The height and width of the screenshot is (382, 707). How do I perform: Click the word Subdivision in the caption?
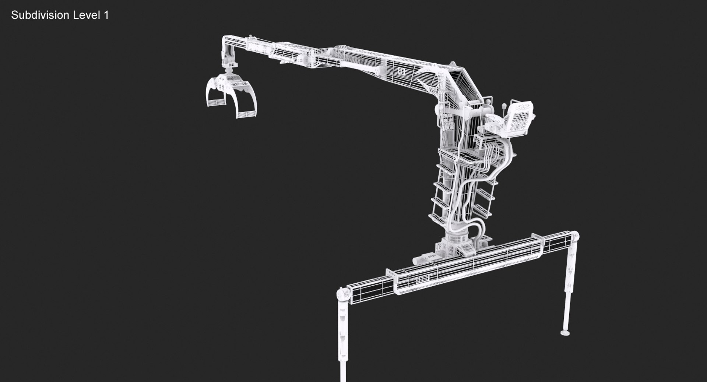(40, 15)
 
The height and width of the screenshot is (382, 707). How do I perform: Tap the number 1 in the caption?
(106, 15)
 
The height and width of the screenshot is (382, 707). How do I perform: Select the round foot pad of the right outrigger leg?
(565, 333)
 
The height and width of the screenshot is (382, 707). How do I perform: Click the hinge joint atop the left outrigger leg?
(344, 294)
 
